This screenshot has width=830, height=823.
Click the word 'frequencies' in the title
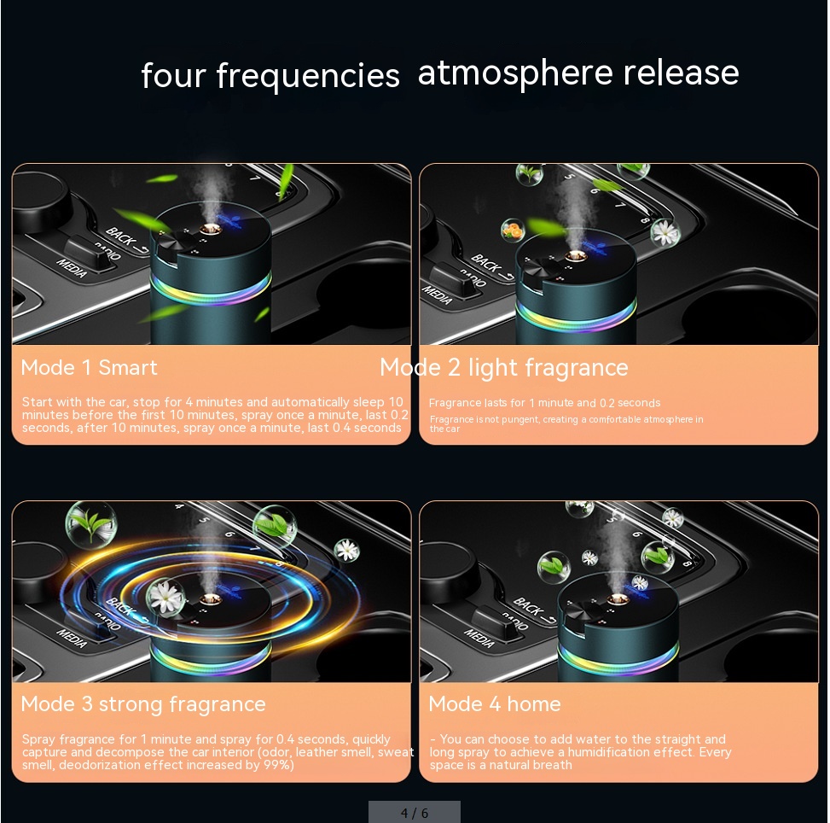(x=308, y=76)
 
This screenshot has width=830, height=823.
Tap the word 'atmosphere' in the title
(x=515, y=73)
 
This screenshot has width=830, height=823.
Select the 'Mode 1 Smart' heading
(x=89, y=367)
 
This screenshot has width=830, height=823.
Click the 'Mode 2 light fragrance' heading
(x=504, y=367)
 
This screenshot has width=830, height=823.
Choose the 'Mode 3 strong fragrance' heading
(x=143, y=704)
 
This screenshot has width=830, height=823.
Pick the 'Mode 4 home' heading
(x=495, y=703)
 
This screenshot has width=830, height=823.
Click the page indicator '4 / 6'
(x=415, y=813)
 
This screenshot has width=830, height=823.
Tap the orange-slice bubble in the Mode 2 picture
(x=513, y=231)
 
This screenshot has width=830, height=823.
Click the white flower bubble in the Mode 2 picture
(x=665, y=231)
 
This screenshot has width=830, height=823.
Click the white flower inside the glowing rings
(x=166, y=596)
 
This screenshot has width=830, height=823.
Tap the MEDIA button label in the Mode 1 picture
(x=72, y=268)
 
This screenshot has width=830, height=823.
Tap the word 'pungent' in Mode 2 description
(x=520, y=419)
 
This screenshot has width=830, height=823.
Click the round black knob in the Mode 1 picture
(x=40, y=204)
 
